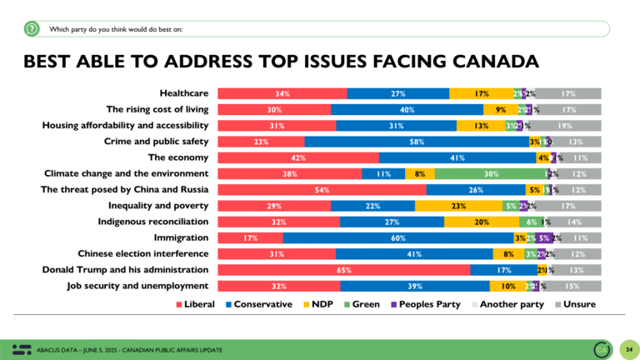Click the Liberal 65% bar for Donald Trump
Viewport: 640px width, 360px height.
[x=342, y=269]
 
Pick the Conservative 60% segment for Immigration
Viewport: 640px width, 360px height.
[x=397, y=237]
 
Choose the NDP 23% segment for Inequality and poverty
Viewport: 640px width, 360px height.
[x=457, y=206]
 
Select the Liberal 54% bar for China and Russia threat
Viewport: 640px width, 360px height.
[x=321, y=190]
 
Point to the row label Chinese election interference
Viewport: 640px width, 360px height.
[x=142, y=253]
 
